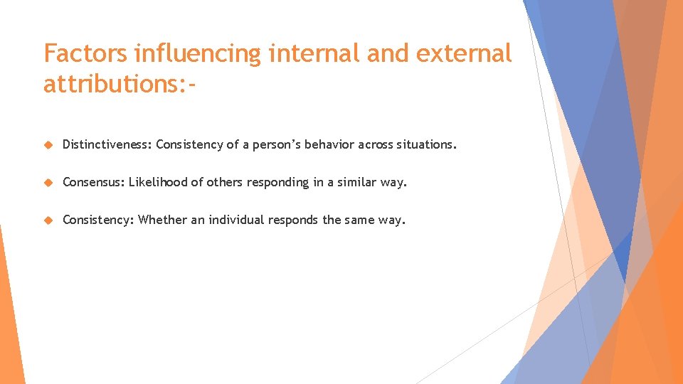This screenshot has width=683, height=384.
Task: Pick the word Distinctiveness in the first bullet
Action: [107, 145]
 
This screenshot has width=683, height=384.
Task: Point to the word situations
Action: [425, 145]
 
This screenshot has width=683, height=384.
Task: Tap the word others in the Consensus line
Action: [224, 183]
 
